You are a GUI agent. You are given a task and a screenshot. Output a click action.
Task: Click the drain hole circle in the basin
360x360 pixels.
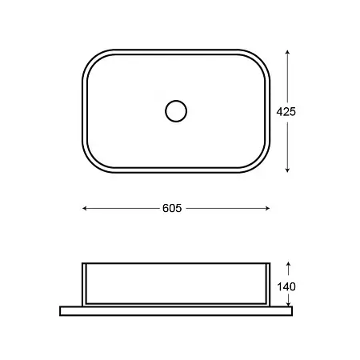176,101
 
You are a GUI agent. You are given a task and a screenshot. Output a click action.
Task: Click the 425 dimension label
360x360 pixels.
286,111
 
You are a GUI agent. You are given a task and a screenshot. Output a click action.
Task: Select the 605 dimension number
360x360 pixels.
172,208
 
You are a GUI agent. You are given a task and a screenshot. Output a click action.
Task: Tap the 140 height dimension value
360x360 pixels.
286,287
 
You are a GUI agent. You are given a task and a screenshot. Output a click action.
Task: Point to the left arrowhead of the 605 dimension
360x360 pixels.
84,208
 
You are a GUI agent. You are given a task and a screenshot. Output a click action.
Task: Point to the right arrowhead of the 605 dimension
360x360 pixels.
268,208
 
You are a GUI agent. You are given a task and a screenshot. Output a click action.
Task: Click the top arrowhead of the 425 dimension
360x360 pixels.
287,52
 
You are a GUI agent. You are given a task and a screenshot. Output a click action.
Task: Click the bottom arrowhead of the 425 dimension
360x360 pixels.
287,170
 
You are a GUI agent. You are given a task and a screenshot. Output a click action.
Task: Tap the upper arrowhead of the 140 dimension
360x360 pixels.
288,264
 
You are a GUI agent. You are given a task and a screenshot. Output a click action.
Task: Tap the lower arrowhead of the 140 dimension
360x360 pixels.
288,304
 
